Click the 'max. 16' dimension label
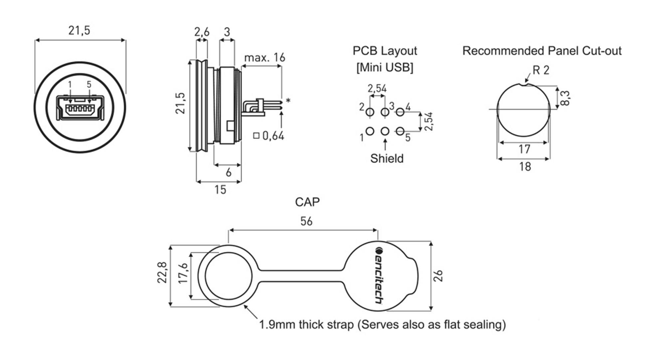point(265,58)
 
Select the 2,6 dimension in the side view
point(202,32)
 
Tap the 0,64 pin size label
point(273,136)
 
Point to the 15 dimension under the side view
point(220,190)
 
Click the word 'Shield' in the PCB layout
point(387,158)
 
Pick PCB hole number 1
point(370,131)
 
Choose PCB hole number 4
point(400,112)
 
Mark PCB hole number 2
point(370,112)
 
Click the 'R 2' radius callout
point(541,70)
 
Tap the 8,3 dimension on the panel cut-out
point(565,98)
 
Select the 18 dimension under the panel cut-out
point(525,166)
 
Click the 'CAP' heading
point(307,202)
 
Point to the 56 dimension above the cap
point(306,221)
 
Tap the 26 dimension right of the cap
point(439,276)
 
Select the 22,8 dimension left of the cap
point(162,272)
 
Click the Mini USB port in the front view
point(80,108)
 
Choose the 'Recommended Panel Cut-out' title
point(542,51)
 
